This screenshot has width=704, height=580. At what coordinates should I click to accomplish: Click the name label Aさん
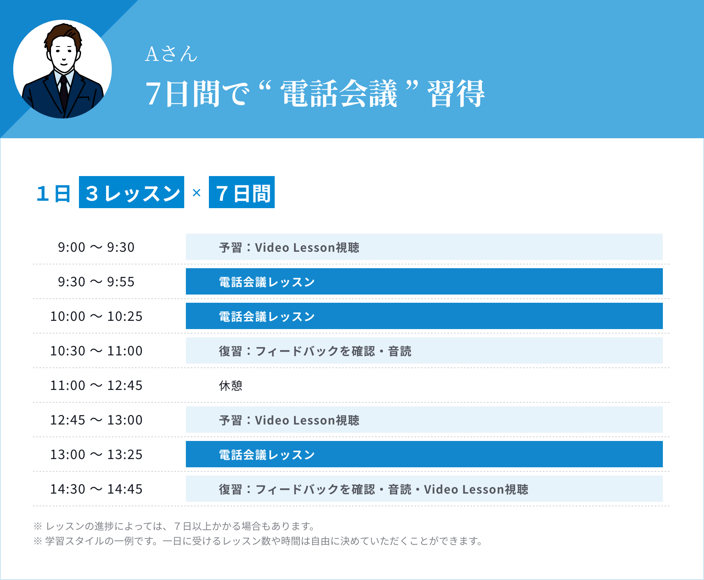coord(171,54)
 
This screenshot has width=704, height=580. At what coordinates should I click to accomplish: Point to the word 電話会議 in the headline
coord(339,94)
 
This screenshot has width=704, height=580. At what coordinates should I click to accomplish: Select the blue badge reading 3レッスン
coord(132,193)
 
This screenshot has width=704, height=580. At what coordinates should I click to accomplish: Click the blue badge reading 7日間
coord(242,193)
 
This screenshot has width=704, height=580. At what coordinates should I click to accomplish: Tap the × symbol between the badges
coord(197,193)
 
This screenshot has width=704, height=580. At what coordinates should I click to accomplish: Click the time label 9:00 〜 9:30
coord(96,247)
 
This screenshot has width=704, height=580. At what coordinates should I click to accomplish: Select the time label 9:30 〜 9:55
coord(96,282)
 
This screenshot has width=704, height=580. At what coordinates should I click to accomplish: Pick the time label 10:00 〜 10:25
coord(96,316)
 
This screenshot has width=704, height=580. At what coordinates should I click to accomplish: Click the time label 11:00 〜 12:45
coord(96,385)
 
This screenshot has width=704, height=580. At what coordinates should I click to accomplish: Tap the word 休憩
coord(231,385)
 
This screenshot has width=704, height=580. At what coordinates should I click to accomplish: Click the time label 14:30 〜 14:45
coord(96,489)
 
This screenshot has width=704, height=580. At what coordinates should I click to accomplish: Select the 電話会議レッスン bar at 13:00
coord(424,455)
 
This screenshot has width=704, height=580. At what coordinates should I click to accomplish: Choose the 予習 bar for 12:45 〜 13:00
coord(424,420)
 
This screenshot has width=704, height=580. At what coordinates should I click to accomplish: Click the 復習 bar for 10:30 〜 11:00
coord(424,351)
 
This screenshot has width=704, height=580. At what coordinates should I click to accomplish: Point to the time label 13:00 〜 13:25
coord(96,455)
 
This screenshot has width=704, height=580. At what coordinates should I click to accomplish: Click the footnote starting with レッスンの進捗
coord(175,526)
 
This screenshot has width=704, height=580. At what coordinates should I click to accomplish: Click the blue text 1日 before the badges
coord(53,193)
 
